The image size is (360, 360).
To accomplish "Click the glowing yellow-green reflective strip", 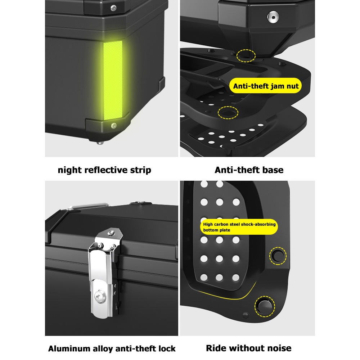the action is click(x=113, y=81).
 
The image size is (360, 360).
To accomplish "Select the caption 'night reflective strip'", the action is click(x=104, y=170).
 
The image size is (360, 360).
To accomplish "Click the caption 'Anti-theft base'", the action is click(x=249, y=170).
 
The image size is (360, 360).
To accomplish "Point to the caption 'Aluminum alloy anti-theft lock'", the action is click(x=112, y=348).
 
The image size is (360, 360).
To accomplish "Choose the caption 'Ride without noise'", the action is click(x=249, y=348).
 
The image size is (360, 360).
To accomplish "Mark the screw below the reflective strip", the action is click(x=114, y=125).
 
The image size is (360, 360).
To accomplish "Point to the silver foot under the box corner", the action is click(x=99, y=143).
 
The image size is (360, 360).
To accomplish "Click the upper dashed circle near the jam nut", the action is click(x=246, y=55).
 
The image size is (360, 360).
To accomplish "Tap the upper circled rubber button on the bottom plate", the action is click(x=278, y=256).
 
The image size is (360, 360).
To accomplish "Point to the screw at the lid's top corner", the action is click(x=113, y=7).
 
